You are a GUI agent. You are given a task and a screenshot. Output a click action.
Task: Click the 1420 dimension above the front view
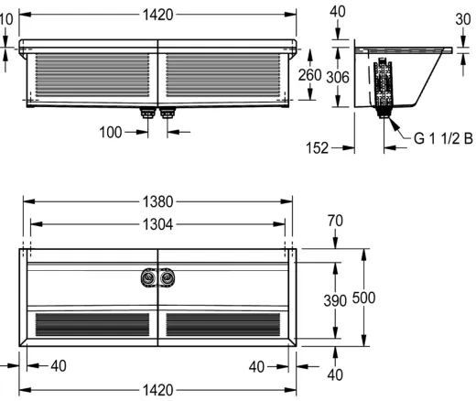(x=158, y=15)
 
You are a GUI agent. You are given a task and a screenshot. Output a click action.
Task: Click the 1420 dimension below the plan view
(x=158, y=390)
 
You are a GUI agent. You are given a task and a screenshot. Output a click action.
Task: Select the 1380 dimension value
(x=158, y=201)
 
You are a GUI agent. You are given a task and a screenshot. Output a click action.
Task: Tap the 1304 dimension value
(x=158, y=224)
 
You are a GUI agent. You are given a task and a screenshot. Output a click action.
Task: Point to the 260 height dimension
(x=309, y=75)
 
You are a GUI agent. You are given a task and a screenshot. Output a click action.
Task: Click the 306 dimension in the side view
(x=338, y=77)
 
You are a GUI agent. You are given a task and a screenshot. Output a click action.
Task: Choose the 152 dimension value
(x=317, y=148)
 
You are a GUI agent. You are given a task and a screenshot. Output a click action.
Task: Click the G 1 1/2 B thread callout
(x=443, y=138)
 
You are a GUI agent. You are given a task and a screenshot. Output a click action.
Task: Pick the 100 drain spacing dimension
(x=111, y=133)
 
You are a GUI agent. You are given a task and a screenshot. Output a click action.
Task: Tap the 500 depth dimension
(x=363, y=298)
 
